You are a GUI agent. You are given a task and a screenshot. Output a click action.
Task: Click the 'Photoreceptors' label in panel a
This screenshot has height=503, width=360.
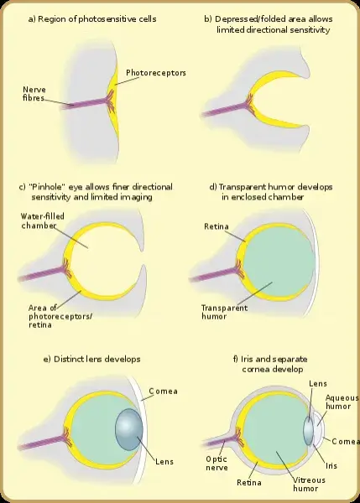click(x=156, y=73)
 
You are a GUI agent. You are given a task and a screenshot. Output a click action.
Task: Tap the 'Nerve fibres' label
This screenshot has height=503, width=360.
click(x=34, y=94)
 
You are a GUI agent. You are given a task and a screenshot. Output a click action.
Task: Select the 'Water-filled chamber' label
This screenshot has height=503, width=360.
click(x=43, y=221)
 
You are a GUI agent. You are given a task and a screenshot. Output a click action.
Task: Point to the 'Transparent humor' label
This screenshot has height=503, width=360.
click(x=224, y=312)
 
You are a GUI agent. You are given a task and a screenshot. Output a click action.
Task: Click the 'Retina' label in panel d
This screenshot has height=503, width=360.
click(x=217, y=226)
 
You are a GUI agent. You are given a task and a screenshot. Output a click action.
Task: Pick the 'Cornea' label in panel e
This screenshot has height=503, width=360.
click(x=163, y=391)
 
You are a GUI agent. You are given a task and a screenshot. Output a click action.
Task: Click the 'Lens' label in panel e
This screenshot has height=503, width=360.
click(x=164, y=462)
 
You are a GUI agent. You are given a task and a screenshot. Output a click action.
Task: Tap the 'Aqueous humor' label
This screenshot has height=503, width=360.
click(x=342, y=402)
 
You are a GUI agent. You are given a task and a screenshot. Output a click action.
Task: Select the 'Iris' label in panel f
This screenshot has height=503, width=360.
click(x=331, y=465)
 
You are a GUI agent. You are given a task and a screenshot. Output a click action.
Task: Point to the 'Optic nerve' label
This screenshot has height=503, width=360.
click(x=217, y=464)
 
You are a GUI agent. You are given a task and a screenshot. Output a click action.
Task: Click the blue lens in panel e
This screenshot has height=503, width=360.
click(x=128, y=429)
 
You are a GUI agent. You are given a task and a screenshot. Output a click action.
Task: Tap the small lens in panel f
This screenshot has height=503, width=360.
click(x=308, y=430)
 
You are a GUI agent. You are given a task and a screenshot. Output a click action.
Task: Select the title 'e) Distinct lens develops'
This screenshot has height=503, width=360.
click(x=91, y=359)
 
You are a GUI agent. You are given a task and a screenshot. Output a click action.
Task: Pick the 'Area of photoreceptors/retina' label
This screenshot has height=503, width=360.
click(x=60, y=316)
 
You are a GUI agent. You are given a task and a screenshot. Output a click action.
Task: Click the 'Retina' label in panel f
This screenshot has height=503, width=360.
click(x=249, y=482)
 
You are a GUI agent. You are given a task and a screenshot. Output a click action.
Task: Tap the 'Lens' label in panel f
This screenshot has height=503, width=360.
click(x=318, y=383)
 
